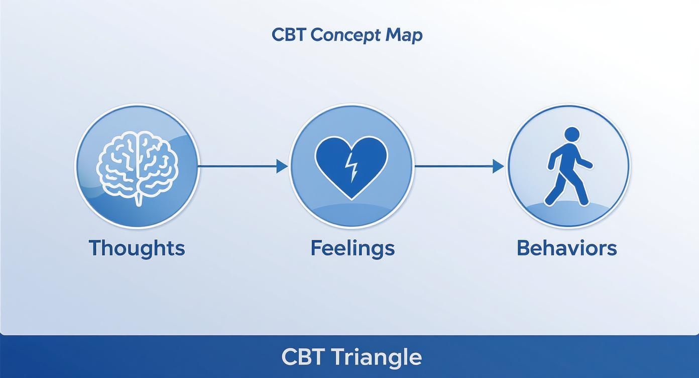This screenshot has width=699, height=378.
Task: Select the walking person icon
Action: click(x=569, y=166)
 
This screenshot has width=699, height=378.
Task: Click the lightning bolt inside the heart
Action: click(x=352, y=167)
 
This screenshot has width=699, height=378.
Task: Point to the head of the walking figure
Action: click(x=572, y=134)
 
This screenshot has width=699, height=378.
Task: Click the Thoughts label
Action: click(x=137, y=248)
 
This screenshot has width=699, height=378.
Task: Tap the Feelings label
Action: click(x=352, y=248)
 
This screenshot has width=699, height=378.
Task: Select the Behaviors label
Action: click(x=566, y=248)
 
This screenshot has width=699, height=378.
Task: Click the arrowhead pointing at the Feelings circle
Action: click(x=282, y=166)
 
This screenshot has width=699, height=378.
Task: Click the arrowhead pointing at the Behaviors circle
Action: click(x=498, y=166)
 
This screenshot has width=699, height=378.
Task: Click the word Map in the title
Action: click(x=404, y=35)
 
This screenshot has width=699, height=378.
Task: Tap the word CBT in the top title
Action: click(x=288, y=35)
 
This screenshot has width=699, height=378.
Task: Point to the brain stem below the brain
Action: click(x=138, y=200)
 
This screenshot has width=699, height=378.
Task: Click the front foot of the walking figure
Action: click(x=584, y=202)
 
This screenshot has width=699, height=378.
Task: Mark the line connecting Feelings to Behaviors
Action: click(x=452, y=165)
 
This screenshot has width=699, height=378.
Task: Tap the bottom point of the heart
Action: click(x=352, y=198)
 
